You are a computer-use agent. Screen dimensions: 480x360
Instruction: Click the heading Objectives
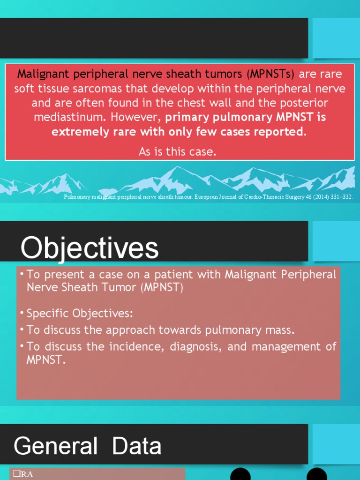click(90, 248)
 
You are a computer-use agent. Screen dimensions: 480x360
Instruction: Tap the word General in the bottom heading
click(56, 446)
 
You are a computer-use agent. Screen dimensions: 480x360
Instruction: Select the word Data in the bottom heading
click(137, 446)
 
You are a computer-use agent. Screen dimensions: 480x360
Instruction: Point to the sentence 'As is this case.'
click(178, 151)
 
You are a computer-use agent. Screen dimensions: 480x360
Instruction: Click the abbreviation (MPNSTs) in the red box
click(272, 74)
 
